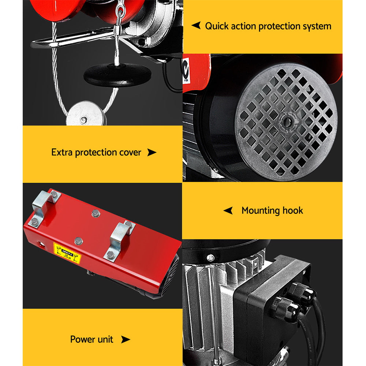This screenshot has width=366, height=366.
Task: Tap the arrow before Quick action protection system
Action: [x=196, y=26]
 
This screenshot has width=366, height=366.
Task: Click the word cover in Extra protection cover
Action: [x=129, y=153]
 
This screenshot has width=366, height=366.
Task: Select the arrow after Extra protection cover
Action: [x=151, y=153]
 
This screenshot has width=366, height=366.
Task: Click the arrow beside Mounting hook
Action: [x=228, y=210]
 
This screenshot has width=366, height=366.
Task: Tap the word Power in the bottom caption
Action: [x=81, y=339]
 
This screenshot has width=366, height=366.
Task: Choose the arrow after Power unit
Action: [x=125, y=339]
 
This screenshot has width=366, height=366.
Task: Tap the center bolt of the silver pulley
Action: [x=84, y=119]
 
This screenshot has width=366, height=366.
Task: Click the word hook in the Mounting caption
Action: [x=292, y=210]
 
